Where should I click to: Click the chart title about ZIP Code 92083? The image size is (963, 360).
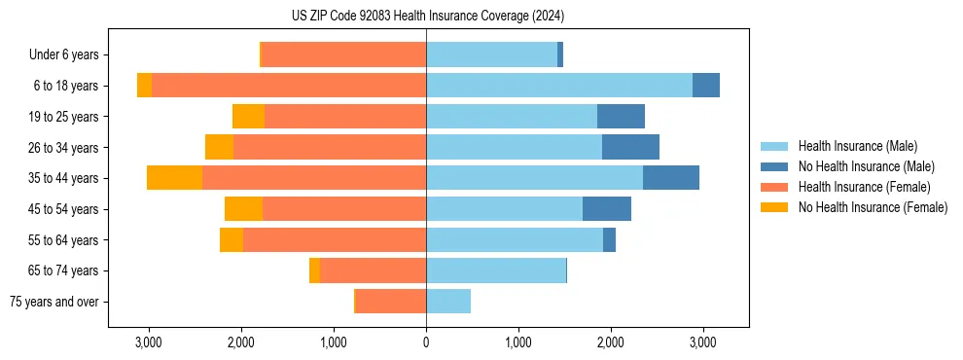pos(427,17)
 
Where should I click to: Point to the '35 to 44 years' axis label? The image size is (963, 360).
pos(66,178)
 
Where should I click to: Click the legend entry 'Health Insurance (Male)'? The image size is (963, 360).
pos(857,146)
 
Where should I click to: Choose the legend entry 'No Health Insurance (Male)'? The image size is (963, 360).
pos(866,166)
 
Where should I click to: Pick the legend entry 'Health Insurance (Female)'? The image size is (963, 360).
pos(864,187)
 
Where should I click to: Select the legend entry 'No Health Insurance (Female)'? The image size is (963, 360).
pos(873,207)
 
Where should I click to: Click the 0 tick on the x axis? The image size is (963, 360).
pos(426,342)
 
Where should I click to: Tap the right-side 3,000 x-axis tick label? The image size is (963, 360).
pos(703,342)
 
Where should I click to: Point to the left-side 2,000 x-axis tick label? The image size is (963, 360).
pos(240,342)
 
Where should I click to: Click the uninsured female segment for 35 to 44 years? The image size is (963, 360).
pos(174,178)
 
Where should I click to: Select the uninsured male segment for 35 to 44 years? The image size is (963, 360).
pos(671,178)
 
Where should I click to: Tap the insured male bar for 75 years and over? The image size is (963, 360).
pos(448,302)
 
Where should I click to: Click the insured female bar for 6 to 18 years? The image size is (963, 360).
pos(289,86)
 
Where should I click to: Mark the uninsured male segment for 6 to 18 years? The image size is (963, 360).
pos(706,86)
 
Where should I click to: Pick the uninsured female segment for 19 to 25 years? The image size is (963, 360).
pos(248,117)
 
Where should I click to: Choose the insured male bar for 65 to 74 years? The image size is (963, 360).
pos(496,270)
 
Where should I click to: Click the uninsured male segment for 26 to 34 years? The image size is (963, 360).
pos(630,147)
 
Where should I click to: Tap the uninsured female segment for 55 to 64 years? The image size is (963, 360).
pos(232,239)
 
